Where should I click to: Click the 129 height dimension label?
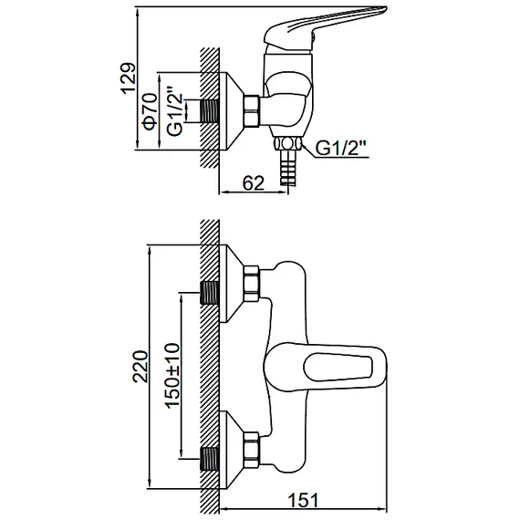[x=129, y=78]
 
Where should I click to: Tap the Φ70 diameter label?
[x=150, y=111]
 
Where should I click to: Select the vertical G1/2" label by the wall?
[x=174, y=111]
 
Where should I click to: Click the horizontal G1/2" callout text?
[x=341, y=148]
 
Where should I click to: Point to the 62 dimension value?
[x=254, y=183]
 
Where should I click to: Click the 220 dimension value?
[x=140, y=366]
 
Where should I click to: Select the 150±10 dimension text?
[x=172, y=375]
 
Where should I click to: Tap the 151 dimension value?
[x=303, y=500]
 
